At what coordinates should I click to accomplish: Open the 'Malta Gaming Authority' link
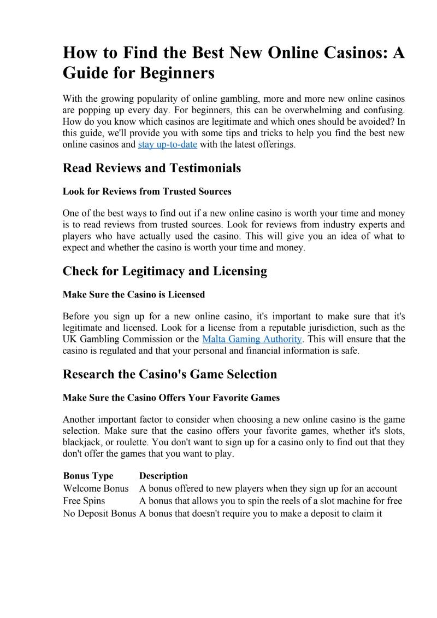coord(252,339)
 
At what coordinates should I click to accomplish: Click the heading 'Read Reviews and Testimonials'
coord(152,168)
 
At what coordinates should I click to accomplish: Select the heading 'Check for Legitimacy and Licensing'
coord(165,271)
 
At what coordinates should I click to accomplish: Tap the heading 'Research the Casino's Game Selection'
coord(170,374)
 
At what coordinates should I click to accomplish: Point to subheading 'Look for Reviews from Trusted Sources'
coord(147,191)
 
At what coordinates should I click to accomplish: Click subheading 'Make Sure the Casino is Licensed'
coord(134,294)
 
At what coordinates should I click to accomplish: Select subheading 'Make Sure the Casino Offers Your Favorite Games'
coord(171,398)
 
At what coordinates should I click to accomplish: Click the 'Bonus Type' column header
coord(88,476)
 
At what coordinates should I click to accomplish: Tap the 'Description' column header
coord(163,476)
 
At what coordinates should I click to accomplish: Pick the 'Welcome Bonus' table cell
coord(96,488)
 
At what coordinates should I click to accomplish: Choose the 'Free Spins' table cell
coord(84,501)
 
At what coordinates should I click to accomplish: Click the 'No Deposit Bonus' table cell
coord(99,514)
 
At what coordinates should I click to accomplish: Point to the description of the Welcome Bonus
coord(268,488)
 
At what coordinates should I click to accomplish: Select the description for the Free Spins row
coord(270,501)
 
